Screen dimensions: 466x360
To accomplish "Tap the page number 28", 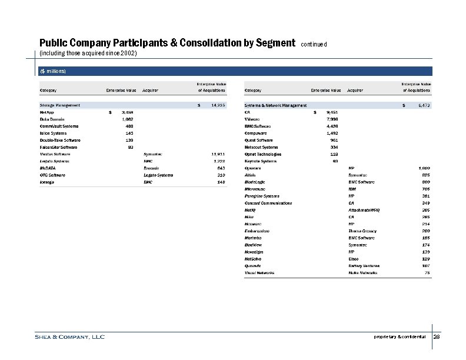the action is (437, 337).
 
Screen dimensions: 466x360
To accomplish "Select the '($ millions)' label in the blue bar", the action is (53, 71).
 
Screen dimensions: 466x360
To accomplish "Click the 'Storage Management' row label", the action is (60, 105).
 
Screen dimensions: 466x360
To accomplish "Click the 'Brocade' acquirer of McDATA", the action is (152, 168).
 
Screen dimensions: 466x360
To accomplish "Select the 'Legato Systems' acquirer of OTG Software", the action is (158, 175).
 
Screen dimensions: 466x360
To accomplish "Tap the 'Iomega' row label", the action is (48, 182).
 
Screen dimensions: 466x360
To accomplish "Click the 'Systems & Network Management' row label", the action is (275, 105).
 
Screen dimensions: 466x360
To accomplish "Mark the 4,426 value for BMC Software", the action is (332, 126).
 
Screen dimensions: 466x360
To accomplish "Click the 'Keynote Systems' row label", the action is (260, 161).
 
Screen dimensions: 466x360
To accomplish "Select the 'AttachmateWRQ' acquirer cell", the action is (365, 210).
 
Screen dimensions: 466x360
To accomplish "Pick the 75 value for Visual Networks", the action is (427, 273).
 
